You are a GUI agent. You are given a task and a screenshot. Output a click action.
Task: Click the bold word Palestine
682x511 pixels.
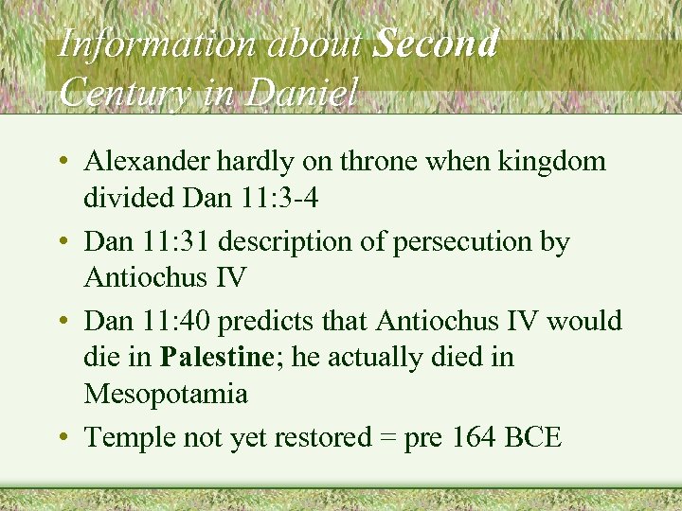[x=214, y=359]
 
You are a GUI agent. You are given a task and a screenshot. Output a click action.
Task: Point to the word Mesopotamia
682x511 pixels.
[x=166, y=394]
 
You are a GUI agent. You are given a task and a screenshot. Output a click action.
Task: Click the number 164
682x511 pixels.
[x=473, y=439]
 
